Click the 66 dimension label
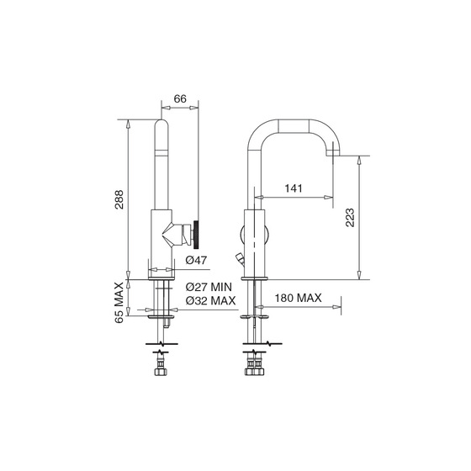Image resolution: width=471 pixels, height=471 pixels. pos(180,98)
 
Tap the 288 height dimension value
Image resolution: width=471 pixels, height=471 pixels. pos(119,199)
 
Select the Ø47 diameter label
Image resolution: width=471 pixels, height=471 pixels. pos(196,260)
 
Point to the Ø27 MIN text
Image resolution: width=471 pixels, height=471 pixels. pos(209,287)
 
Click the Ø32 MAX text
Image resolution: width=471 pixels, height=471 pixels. pos(210,300)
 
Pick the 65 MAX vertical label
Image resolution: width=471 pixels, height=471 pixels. pos(119,303)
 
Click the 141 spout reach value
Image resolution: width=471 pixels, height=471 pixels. pos(294,188)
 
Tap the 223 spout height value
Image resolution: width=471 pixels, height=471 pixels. pos(350,218)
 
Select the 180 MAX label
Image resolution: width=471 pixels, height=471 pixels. pos(298,298)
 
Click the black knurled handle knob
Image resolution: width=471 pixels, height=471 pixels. pos(196,235)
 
